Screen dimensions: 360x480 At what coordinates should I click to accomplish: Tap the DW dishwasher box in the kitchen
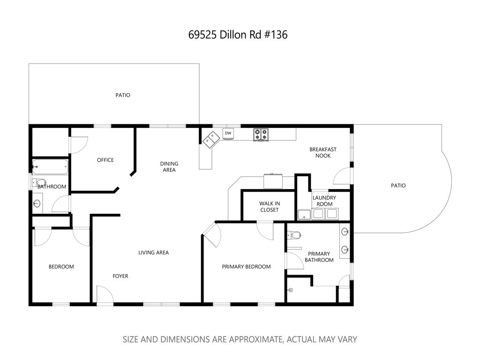[228, 134]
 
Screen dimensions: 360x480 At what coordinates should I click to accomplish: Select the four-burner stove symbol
[261, 135]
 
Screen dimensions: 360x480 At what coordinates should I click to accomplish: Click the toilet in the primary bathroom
[296, 235]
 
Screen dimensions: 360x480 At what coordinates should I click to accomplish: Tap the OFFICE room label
[105, 160]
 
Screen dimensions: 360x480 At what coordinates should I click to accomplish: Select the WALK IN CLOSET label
[269, 207]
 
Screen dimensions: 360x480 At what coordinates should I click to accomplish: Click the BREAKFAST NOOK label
[322, 152]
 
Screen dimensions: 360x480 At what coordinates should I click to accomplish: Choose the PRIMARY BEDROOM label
[246, 267]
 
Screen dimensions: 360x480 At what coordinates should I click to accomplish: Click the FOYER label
[120, 276]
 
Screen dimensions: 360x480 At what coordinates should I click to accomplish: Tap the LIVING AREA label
[153, 253]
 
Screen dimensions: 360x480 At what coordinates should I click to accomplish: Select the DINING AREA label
[169, 166]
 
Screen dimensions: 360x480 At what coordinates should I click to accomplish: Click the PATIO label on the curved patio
[398, 186]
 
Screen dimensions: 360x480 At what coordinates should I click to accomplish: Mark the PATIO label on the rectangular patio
[123, 95]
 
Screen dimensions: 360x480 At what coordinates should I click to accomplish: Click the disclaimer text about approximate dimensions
[240, 339]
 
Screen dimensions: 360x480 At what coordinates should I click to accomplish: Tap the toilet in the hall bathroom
[41, 183]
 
